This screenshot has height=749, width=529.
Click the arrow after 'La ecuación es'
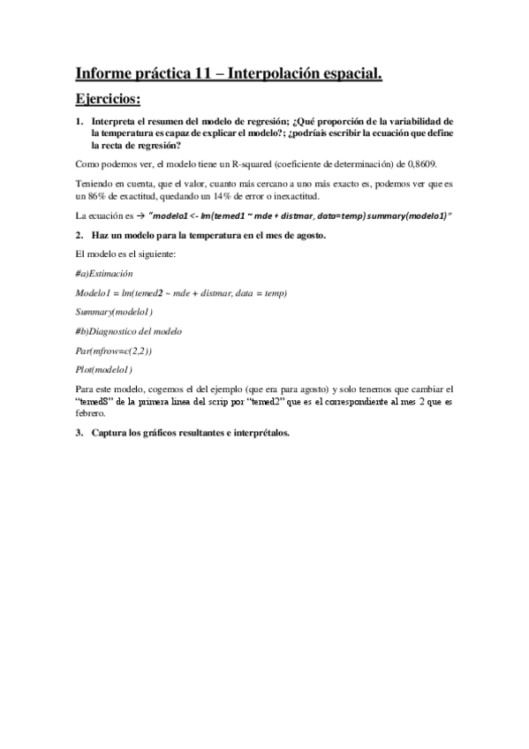[141, 217]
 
